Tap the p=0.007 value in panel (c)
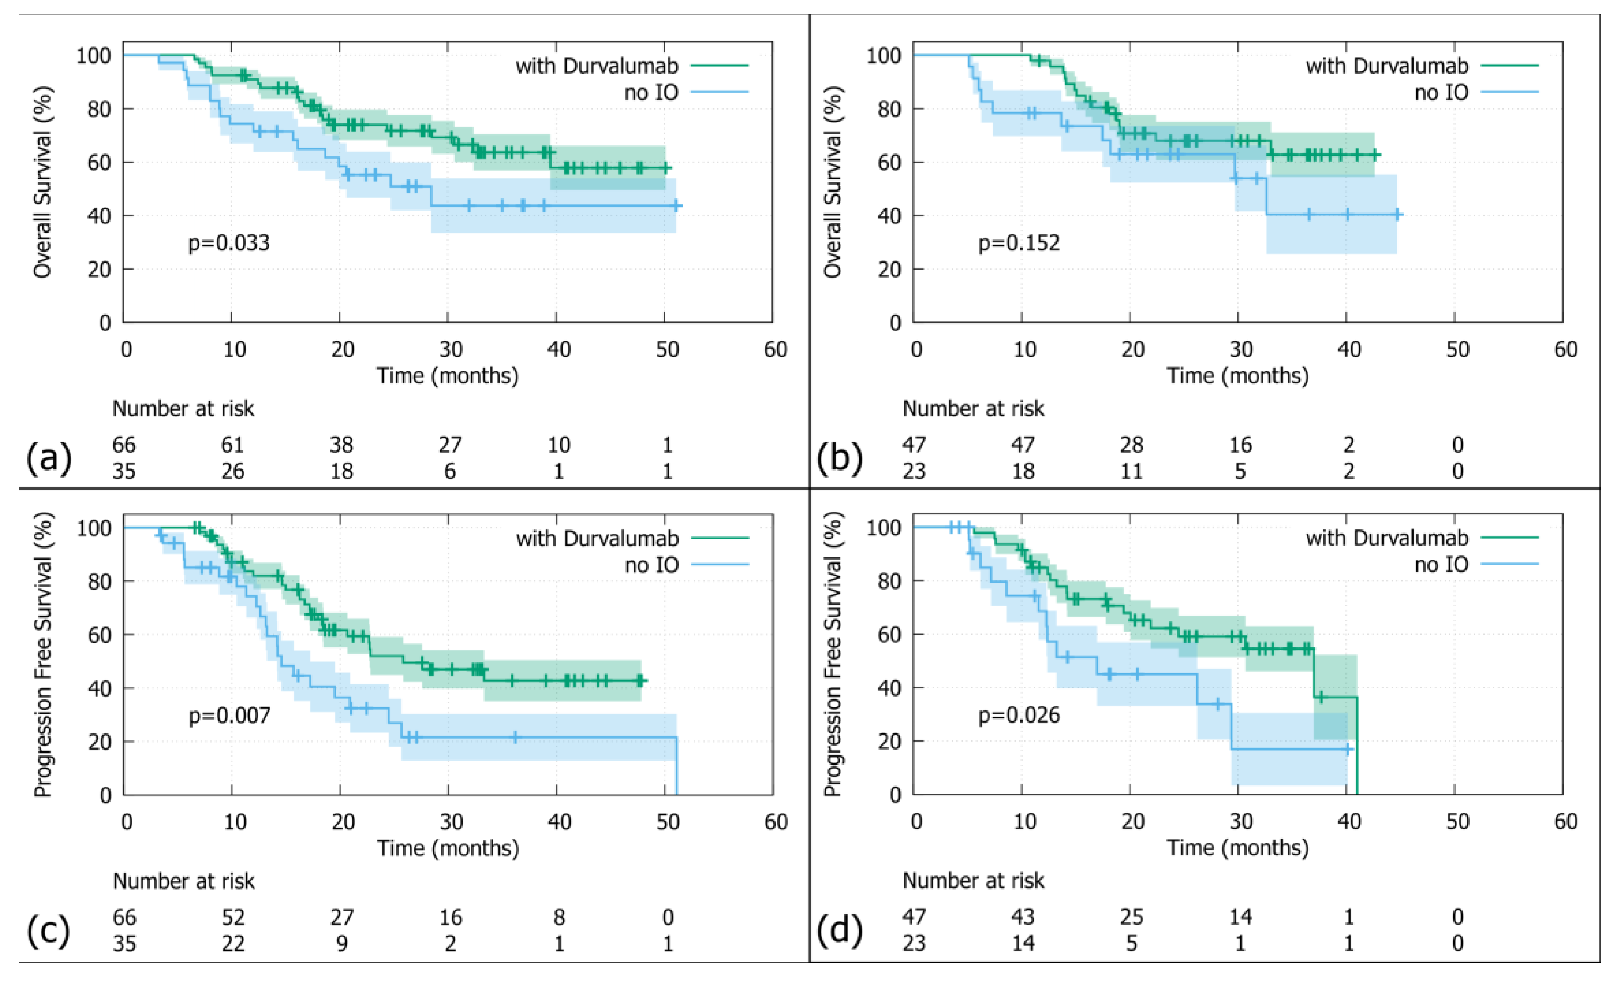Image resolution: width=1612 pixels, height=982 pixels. click(x=229, y=715)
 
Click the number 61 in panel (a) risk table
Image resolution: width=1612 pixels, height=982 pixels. click(x=232, y=445)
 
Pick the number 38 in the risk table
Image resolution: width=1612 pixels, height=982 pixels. click(x=341, y=445)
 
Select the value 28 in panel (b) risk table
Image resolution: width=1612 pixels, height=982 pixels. click(x=1131, y=445)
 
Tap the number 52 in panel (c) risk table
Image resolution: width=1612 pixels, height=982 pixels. click(x=233, y=917)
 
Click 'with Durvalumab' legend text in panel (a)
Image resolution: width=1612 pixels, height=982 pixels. click(x=597, y=66)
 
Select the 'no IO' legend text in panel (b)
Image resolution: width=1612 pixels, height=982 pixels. click(x=1441, y=92)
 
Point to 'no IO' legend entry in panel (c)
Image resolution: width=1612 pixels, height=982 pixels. click(x=652, y=565)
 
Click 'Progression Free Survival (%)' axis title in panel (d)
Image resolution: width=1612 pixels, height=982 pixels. click(x=832, y=654)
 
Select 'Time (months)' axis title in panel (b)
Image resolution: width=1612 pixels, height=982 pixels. click(x=1238, y=376)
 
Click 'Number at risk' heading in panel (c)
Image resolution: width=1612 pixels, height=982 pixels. click(x=184, y=881)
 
